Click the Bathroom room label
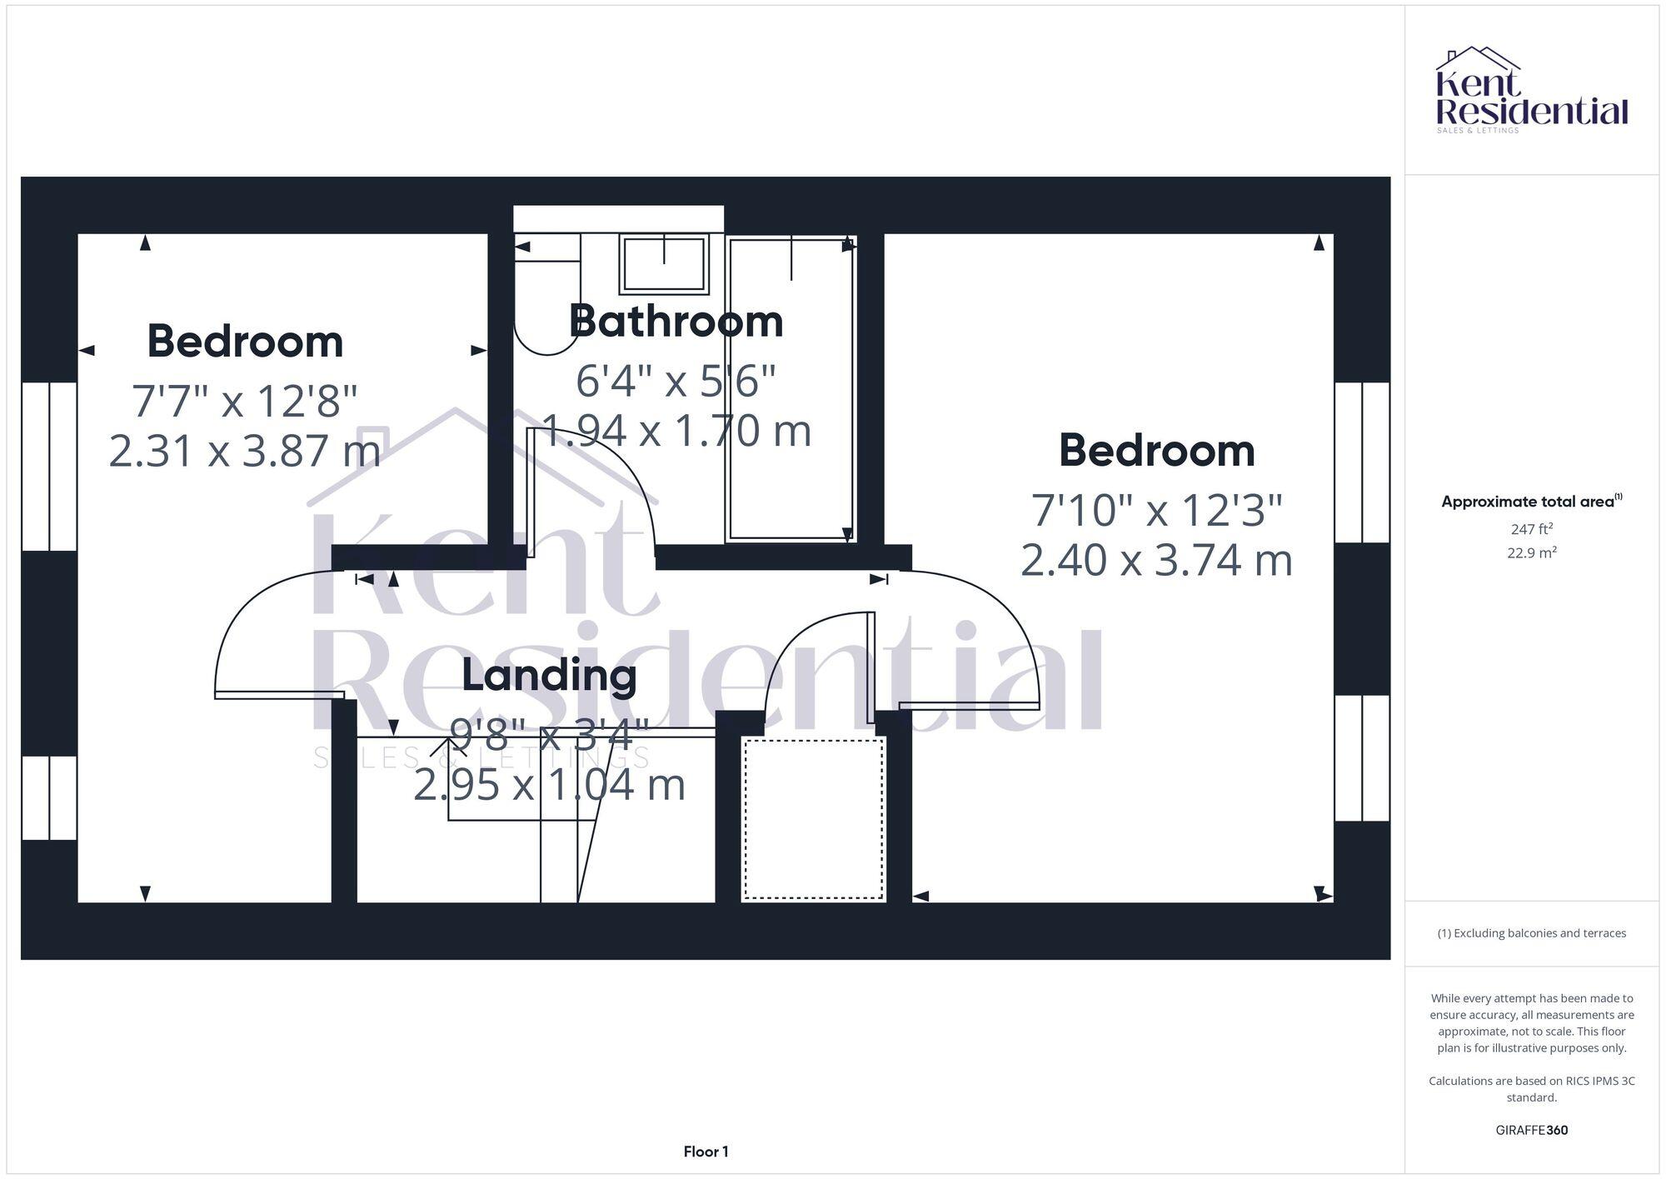[x=676, y=322]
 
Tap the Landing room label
[x=549, y=675]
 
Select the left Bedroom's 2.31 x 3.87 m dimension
[x=245, y=451]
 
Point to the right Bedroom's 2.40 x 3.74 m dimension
[x=1156, y=560]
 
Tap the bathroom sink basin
[x=664, y=263]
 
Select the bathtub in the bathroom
[x=791, y=389]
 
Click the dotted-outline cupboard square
[x=813, y=818]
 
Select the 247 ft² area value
[x=1531, y=529]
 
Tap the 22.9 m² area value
[x=1531, y=552]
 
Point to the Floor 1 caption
[x=706, y=1152]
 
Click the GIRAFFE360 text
[x=1531, y=1130]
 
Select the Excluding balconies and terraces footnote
[x=1531, y=933]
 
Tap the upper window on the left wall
[x=49, y=467]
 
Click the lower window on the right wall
[x=1362, y=758]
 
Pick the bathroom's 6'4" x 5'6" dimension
[x=676, y=381]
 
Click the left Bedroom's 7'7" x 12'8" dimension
[x=245, y=401]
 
